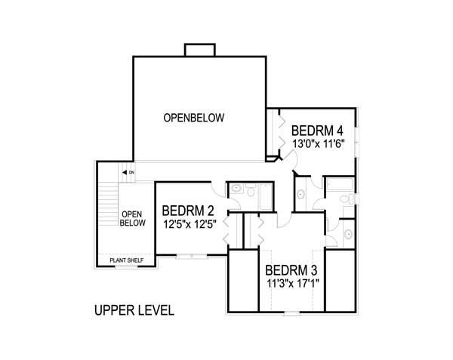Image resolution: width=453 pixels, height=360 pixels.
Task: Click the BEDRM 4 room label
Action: point(318,128)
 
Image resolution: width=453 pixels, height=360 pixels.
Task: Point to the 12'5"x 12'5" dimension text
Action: point(188,223)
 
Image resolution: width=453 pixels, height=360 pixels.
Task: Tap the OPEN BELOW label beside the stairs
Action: point(132,218)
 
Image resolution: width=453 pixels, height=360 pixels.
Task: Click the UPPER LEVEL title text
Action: point(134,310)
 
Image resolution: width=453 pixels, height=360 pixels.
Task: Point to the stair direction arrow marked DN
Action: point(128,173)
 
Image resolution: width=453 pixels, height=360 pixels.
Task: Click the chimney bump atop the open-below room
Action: point(198,49)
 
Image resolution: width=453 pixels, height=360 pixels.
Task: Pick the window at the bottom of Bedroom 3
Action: point(291,312)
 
